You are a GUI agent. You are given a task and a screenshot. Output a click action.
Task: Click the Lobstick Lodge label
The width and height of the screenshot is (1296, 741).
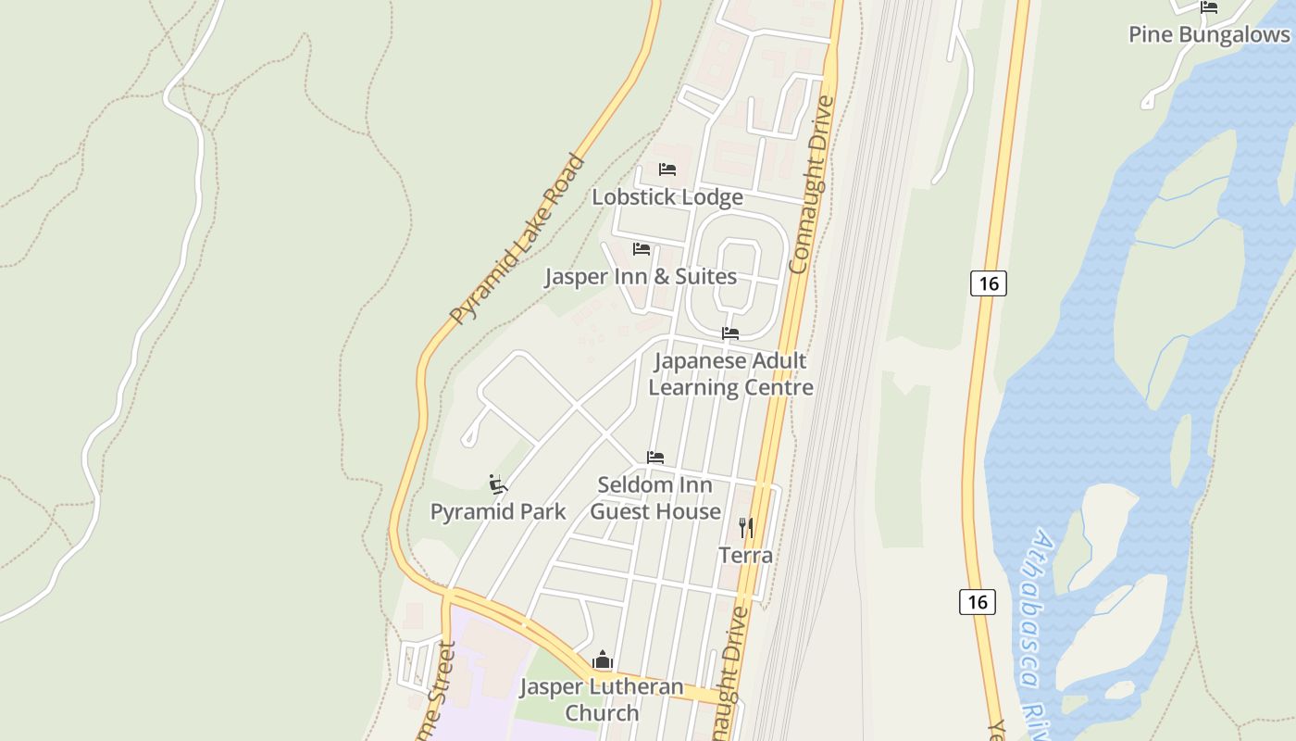coord(667,197)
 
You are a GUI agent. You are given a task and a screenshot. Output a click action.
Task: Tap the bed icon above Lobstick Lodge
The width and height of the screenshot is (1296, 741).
coord(667,170)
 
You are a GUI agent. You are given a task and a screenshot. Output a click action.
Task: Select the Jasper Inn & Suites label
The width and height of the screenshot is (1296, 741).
coord(640,277)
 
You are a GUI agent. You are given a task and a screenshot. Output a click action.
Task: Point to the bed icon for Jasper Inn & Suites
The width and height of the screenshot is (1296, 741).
coord(641,249)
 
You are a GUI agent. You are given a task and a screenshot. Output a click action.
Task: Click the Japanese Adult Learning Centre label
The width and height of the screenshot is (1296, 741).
coord(730,374)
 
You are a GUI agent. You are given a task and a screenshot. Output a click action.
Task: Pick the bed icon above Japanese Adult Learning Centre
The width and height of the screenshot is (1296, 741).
coord(730,333)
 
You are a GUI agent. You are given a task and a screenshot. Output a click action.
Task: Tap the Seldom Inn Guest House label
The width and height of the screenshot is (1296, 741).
coord(655,498)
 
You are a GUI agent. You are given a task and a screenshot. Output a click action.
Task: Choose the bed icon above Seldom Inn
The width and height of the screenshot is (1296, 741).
coord(655,458)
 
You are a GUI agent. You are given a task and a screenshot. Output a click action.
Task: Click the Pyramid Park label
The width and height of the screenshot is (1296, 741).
coord(498,511)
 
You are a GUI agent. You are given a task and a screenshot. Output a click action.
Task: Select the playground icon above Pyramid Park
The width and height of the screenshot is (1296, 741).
coord(498,484)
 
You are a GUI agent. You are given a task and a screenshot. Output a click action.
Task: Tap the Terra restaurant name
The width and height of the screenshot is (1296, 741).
coord(746,556)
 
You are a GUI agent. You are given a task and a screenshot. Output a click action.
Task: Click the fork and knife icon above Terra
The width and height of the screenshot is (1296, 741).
coord(746,528)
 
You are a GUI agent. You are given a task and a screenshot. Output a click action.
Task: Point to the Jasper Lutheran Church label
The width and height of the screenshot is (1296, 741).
coord(602,699)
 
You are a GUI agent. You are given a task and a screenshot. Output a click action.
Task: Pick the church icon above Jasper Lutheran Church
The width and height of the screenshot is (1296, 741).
coord(603,660)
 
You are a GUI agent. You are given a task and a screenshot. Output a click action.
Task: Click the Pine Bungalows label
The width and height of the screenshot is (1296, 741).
coord(1208,34)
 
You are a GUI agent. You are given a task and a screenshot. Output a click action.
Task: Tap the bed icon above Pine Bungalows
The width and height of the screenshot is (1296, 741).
coord(1208,7)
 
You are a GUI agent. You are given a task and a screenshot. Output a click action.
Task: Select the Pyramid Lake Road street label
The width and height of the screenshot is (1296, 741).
coord(518,239)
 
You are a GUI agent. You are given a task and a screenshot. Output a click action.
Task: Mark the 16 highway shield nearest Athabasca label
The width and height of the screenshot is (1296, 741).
coord(977,602)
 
